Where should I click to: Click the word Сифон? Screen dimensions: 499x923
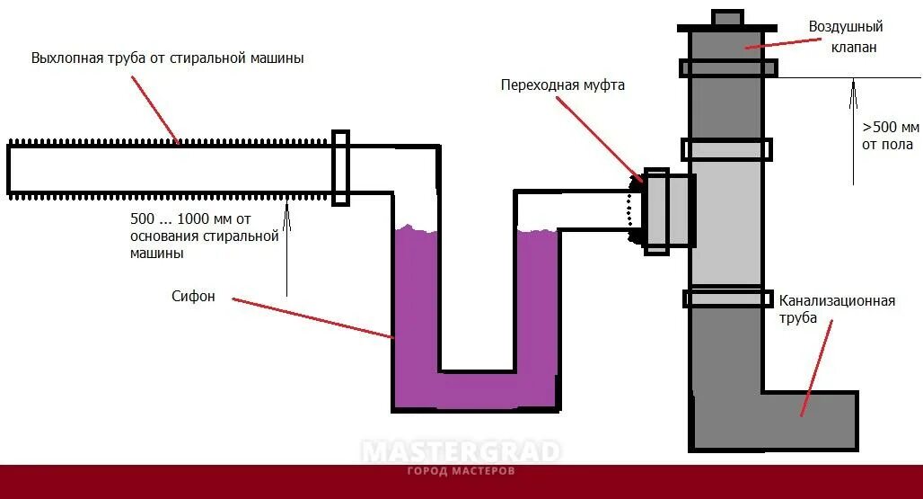tap(193, 297)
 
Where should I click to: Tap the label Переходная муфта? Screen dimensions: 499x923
tap(562, 85)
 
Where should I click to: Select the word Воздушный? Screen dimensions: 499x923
tap(845, 27)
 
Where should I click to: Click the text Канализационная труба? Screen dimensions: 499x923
tap(837, 309)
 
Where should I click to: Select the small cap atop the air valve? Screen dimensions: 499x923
tap(727, 18)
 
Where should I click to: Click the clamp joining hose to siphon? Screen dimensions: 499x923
tap(339, 167)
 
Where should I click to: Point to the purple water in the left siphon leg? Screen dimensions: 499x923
tap(416, 306)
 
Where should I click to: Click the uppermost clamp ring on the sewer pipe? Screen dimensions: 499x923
tap(727, 67)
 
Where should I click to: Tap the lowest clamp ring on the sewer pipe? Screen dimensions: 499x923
tap(727, 298)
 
